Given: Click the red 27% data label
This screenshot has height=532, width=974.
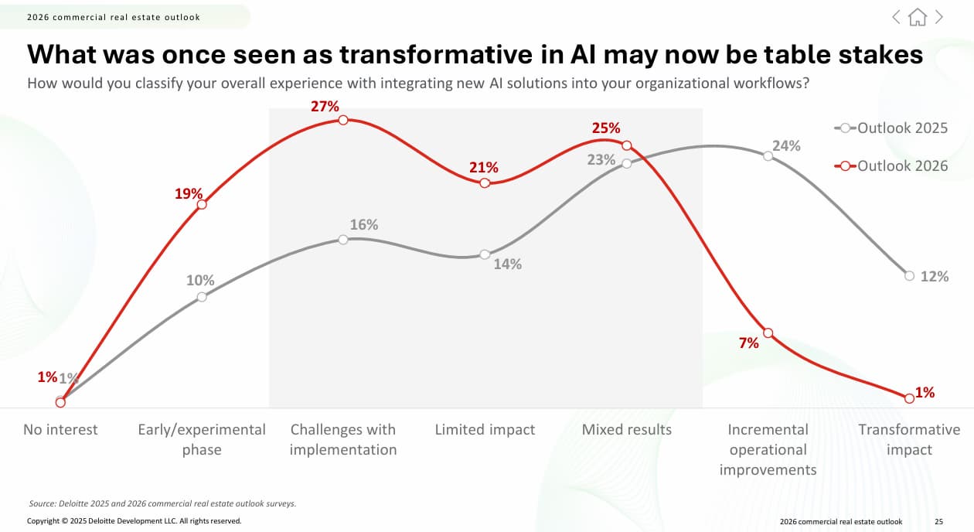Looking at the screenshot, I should [x=325, y=107].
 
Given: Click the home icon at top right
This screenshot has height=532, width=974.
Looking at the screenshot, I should [x=918, y=17].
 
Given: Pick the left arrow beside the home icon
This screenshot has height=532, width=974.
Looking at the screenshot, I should [x=897, y=17].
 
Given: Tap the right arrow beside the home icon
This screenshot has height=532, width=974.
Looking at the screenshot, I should [x=938, y=17].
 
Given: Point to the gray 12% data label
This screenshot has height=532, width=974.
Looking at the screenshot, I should [x=935, y=276].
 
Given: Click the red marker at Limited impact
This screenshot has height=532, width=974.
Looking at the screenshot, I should [x=485, y=183].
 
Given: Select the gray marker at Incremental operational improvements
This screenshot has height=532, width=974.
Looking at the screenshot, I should [x=768, y=156].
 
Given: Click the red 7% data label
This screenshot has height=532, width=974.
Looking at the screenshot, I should [x=748, y=343].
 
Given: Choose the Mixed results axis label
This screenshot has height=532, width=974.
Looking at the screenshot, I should [x=627, y=430].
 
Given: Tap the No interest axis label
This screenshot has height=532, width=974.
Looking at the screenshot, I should [x=60, y=430].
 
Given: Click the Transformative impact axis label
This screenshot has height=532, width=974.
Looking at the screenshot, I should [x=909, y=439].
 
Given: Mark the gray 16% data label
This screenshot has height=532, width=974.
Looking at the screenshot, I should [x=363, y=225].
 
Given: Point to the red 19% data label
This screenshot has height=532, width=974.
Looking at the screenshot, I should [x=188, y=194].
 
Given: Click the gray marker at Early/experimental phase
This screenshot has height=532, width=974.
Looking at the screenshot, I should [x=202, y=297].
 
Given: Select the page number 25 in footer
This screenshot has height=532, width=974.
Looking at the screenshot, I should [x=938, y=522].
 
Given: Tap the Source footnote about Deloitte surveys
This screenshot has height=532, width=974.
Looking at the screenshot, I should [x=162, y=503].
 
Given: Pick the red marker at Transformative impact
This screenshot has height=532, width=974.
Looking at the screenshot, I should [x=909, y=398].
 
